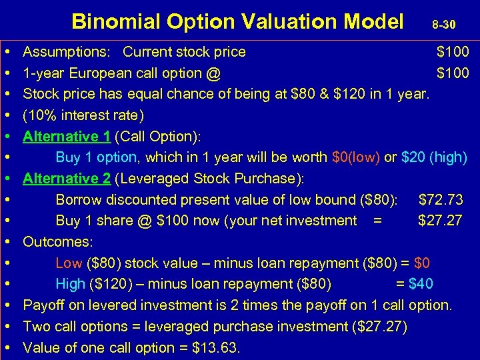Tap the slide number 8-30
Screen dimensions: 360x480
coord(443,25)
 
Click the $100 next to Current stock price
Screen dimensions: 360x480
coord(453,52)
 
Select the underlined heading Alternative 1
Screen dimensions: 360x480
coord(67,137)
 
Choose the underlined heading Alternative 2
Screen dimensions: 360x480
coord(67,179)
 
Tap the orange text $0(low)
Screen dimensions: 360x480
coord(356,158)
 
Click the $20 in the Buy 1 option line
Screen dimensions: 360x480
coord(414,158)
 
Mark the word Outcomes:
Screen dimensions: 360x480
coord(58,241)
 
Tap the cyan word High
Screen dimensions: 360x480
coord(71,284)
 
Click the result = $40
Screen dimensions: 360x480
coord(415,284)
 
